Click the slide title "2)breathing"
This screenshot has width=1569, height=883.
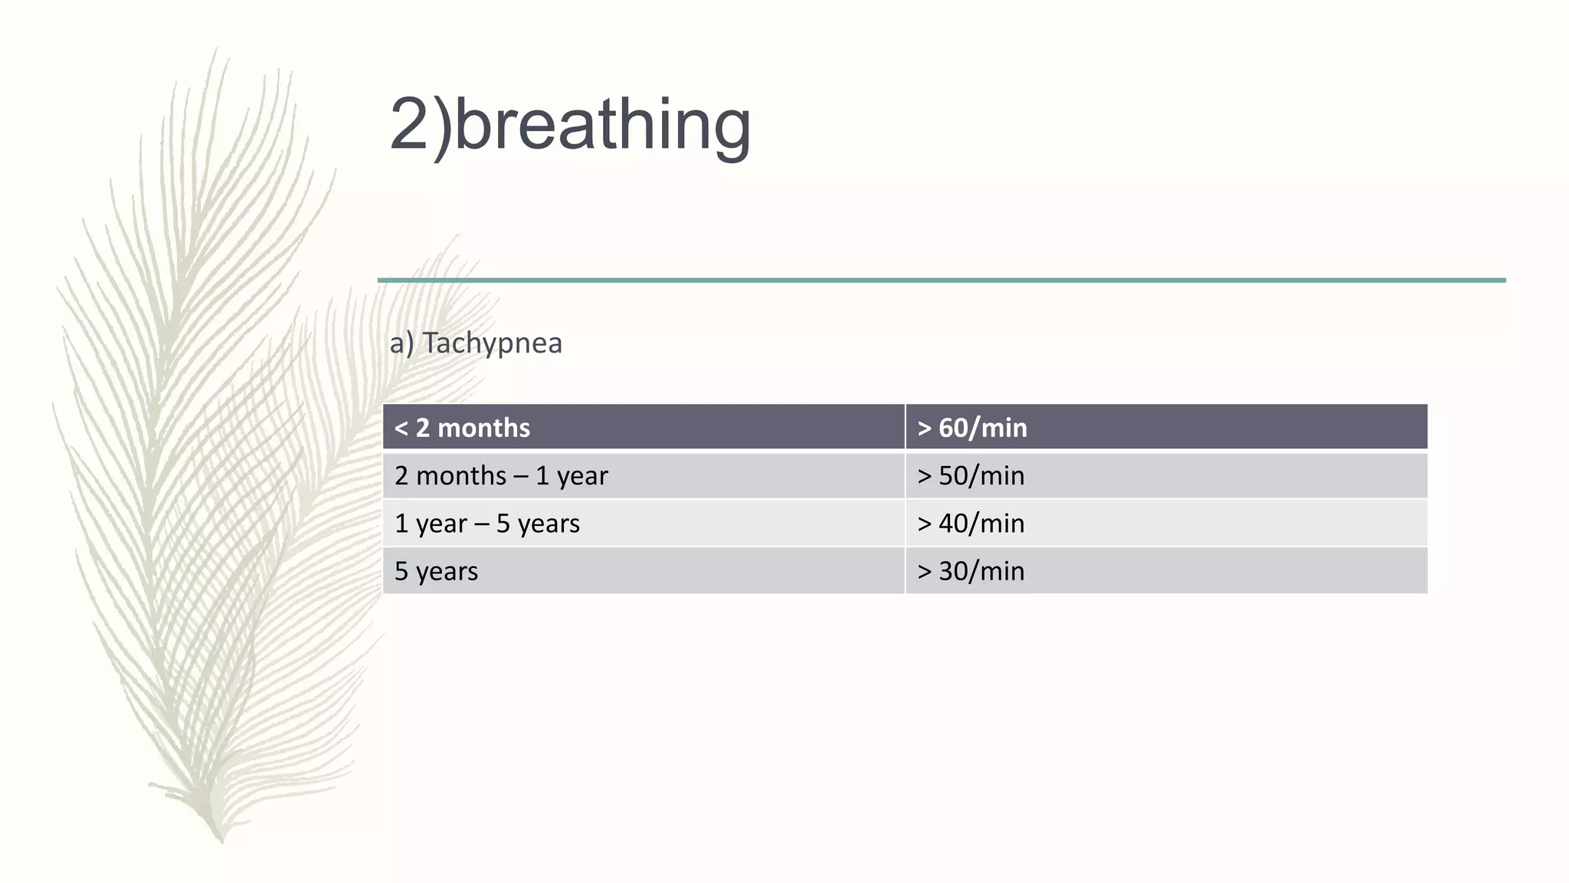[x=570, y=124]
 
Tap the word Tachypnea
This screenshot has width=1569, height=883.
[x=492, y=343]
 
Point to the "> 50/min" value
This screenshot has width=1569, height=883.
[x=971, y=476]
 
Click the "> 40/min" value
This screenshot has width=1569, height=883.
[x=971, y=524]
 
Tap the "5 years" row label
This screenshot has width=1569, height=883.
[x=436, y=571]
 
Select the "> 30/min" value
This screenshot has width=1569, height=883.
[x=971, y=571]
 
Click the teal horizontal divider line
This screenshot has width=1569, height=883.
[x=942, y=281]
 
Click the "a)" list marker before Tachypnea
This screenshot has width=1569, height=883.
[x=401, y=343]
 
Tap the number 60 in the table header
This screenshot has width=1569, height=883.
[x=953, y=428]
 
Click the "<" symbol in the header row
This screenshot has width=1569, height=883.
[x=401, y=428]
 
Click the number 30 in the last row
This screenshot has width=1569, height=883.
[x=953, y=571]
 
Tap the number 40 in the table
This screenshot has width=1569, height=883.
[x=953, y=524]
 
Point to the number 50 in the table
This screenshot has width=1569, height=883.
[x=953, y=476]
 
